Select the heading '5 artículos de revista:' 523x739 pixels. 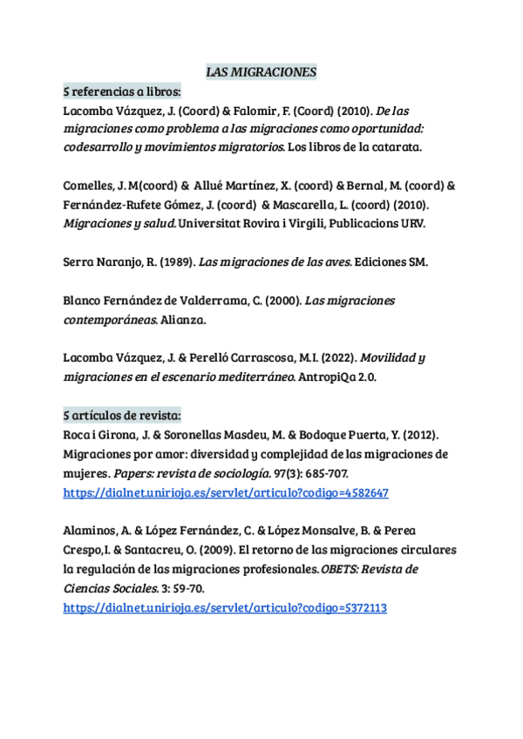[x=122, y=414]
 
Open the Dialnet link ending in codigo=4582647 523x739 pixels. [x=226, y=492]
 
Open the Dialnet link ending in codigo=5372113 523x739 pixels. [x=225, y=607]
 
